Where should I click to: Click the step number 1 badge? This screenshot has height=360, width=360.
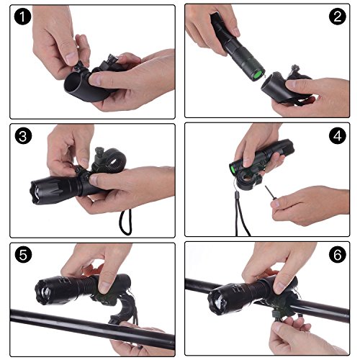(x=22, y=17)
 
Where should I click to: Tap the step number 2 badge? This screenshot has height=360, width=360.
(x=338, y=17)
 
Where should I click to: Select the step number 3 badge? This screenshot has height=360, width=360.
(x=23, y=136)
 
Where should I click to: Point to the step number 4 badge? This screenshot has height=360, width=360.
(x=338, y=135)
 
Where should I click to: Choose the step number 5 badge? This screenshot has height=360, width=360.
(x=23, y=254)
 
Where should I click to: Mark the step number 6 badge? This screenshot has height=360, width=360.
(x=338, y=254)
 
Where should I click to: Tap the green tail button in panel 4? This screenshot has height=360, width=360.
(x=233, y=169)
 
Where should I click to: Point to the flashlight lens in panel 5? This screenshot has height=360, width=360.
(x=45, y=292)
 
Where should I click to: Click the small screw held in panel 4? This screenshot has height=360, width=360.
(x=271, y=192)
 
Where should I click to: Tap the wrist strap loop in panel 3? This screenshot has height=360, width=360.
(x=126, y=222)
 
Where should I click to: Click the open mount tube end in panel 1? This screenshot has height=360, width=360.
(x=73, y=84)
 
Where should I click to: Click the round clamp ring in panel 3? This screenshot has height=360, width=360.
(x=113, y=159)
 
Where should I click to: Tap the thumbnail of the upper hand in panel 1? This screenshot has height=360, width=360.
(x=71, y=58)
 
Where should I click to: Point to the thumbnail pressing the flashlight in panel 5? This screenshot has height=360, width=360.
(x=105, y=287)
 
